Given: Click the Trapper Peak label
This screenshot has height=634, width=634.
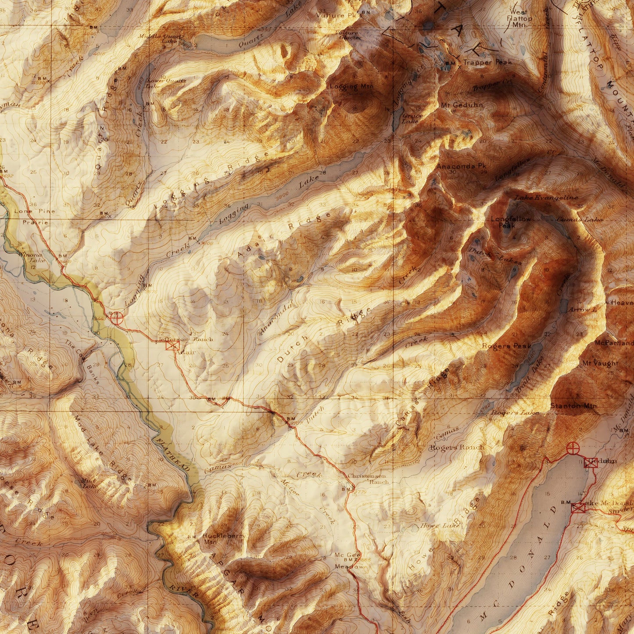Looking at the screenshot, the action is [487, 62].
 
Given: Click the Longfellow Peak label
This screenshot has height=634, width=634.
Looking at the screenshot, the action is [511, 222].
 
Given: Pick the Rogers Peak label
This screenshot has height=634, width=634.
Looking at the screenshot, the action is [507, 346].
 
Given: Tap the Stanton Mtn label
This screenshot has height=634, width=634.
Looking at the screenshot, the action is [573, 406].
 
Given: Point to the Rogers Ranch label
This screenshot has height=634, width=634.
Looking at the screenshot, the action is [457, 447].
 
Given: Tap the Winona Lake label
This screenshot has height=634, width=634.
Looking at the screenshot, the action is [30, 257].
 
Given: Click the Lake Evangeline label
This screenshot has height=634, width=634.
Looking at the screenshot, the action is [546, 198].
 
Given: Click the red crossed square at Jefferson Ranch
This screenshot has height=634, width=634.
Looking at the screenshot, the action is [172, 346].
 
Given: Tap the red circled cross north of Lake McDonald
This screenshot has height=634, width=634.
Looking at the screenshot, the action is [573, 448].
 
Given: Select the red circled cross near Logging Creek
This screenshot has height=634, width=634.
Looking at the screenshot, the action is [117, 318].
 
